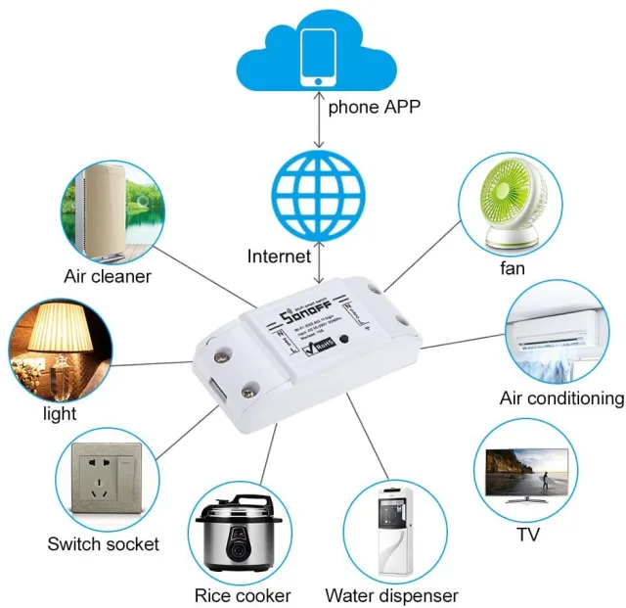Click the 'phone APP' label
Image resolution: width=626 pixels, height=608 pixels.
pos(375,107)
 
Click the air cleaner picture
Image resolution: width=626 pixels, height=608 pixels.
pos(108,209)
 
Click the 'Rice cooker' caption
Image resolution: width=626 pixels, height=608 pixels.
pos(242,595)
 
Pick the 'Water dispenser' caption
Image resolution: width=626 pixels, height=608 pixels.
pos(391,595)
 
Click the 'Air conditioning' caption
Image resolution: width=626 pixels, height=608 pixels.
pos(561,398)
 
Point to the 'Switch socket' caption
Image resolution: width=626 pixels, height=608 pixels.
pos(103,543)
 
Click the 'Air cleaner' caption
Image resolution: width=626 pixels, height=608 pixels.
pos(108,276)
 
